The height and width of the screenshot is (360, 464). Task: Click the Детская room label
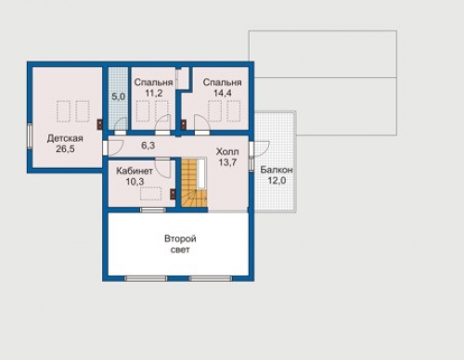click(x=65, y=138)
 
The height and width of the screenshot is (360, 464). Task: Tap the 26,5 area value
click(x=65, y=148)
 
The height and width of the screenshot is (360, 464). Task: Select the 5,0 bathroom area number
click(x=118, y=96)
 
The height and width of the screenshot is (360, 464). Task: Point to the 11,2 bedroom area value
click(x=154, y=93)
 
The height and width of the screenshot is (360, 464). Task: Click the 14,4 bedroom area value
click(x=223, y=93)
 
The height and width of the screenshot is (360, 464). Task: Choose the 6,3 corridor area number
click(x=148, y=146)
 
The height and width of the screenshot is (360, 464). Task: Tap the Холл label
click(x=227, y=151)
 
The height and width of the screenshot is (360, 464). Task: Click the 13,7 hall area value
click(x=227, y=162)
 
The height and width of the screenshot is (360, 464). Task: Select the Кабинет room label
click(x=135, y=171)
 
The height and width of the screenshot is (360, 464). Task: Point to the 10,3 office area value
click(x=135, y=182)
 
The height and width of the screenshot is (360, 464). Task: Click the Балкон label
click(x=277, y=170)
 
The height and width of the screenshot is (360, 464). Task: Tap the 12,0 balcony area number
click(x=277, y=180)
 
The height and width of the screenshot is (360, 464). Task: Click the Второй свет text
click(x=180, y=244)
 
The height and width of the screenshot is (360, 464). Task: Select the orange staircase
click(x=194, y=183)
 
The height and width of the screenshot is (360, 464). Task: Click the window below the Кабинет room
click(x=153, y=210)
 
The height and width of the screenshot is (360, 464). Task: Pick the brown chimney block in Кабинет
click(x=173, y=194)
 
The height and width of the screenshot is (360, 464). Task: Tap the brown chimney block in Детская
click(x=100, y=124)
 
